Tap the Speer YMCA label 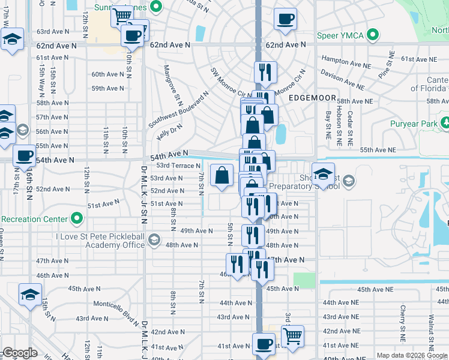pos(340,35)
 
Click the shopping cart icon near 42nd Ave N pos(292,337)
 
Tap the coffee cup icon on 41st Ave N pos(263,344)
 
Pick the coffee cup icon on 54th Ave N pos(24,155)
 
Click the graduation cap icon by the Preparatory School pos(323,174)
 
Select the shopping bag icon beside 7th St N pos(221,176)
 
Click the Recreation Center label pos(29,219)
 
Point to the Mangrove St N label pos(170,83)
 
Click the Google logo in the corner pos(20,353)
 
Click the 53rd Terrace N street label pos(178,166)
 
